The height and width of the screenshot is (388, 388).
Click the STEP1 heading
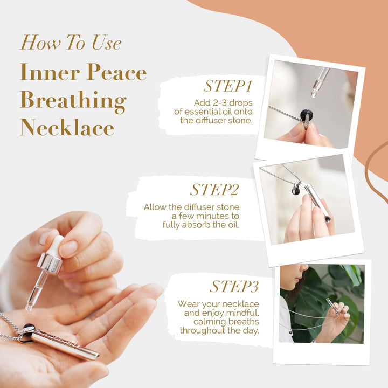point(227,86)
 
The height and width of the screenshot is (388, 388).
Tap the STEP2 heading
point(214,190)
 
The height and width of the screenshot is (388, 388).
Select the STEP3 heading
point(234,286)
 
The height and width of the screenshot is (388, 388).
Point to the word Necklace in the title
point(67,127)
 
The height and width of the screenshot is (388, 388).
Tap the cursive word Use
point(106,43)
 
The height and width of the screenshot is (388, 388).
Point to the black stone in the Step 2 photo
point(296,190)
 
